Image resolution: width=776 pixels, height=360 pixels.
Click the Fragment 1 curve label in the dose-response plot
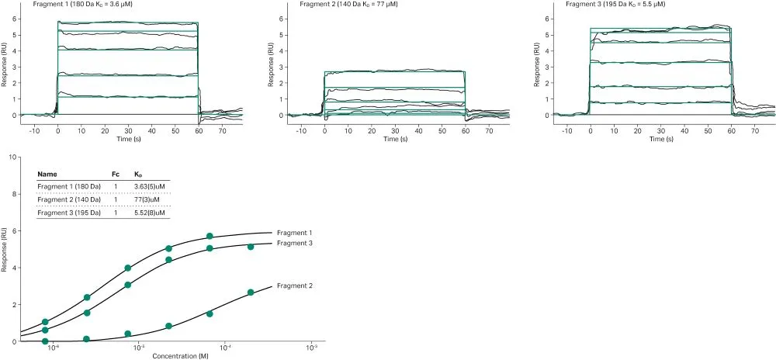294,233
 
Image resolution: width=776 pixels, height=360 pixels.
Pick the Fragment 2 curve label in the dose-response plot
294,286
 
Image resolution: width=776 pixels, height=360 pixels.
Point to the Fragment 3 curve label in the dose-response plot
294,244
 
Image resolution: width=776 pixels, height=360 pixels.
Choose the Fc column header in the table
116,175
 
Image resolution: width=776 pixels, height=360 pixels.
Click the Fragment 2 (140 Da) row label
69,199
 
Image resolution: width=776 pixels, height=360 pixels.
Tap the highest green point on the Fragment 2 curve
251,292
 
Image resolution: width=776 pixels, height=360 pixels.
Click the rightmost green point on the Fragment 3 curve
251,247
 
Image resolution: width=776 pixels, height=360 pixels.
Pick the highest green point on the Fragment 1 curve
210,236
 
